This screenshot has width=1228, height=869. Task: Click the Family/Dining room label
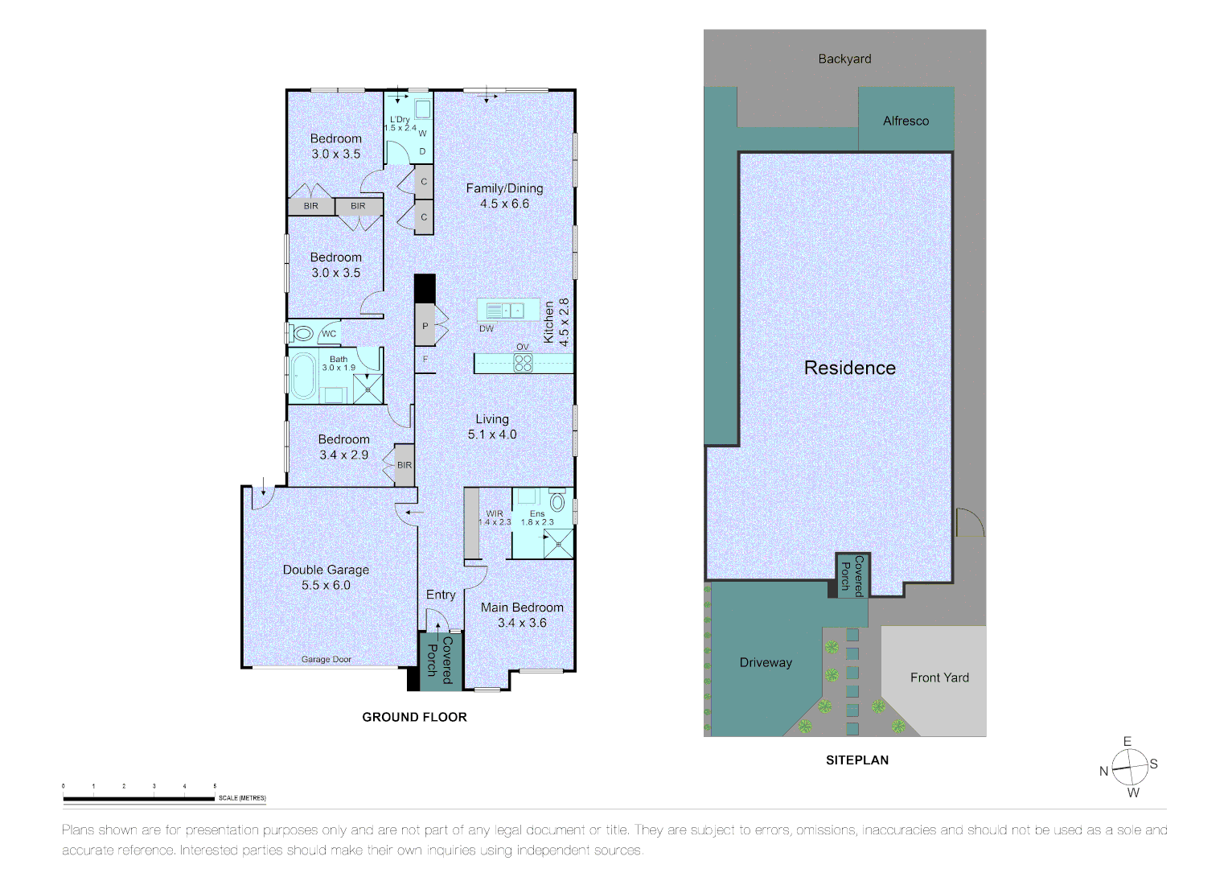(504, 196)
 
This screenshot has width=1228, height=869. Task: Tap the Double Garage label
(326, 577)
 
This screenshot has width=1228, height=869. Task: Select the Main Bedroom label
(522, 615)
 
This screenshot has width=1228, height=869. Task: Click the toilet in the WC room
(302, 334)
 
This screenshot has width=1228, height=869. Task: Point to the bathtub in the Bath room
(303, 377)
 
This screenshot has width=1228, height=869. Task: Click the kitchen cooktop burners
(523, 363)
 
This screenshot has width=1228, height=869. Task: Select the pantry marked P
(425, 325)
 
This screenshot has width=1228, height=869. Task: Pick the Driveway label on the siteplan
(766, 662)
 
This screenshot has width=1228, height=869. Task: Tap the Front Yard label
(939, 677)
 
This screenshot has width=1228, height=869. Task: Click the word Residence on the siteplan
(850, 368)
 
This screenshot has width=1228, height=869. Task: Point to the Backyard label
(844, 59)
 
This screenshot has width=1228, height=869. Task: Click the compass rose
(1129, 767)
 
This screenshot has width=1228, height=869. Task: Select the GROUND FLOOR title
(414, 717)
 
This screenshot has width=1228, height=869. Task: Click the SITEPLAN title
(857, 760)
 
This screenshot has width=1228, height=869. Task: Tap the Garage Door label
(327, 660)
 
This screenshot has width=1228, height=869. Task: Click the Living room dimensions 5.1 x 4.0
(491, 434)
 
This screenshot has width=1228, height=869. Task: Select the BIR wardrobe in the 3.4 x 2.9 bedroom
(405, 465)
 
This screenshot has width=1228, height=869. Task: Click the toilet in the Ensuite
(557, 500)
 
